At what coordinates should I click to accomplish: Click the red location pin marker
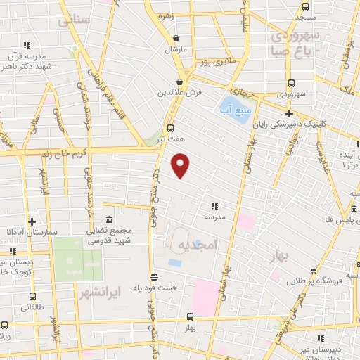(x=181, y=165)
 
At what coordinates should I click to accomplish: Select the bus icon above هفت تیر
(x=170, y=128)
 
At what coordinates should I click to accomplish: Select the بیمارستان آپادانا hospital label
(x=27, y=232)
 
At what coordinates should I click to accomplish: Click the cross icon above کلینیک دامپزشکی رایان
(x=289, y=113)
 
